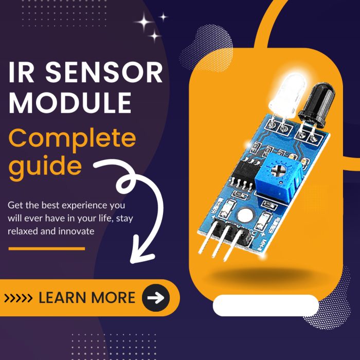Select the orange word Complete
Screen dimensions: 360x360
tap(73, 138)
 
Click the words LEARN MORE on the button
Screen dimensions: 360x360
tap(87, 297)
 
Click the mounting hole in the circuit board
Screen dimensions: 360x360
tap(246, 215)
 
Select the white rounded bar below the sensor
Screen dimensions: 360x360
tap(265, 305)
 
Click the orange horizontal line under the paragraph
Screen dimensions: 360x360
tap(46, 248)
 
